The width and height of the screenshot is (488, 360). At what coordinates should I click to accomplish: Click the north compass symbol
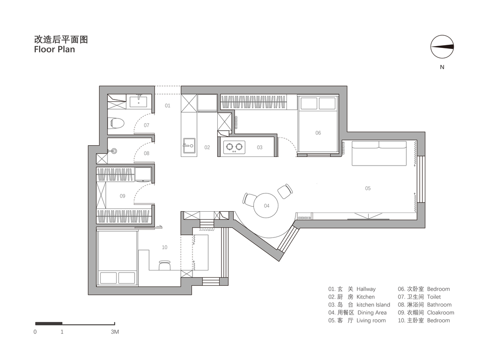[442, 47]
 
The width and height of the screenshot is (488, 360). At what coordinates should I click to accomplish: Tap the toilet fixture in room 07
[117, 123]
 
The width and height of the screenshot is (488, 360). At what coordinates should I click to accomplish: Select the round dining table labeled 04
[266, 205]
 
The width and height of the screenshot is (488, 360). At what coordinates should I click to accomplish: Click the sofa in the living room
[379, 153]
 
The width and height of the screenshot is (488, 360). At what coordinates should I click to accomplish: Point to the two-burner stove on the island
[235, 147]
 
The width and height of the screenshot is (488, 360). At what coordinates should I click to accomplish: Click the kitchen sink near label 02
[189, 146]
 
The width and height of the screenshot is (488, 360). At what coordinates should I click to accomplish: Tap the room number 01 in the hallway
[168, 105]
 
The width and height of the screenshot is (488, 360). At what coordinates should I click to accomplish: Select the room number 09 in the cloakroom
[122, 196]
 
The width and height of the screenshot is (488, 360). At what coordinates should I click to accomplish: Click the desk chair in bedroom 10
[164, 265]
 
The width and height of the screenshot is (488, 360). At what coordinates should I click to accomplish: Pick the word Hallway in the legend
[366, 289]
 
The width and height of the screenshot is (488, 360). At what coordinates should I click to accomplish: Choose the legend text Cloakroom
[441, 313]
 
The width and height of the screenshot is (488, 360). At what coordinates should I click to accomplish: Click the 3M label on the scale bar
[115, 332]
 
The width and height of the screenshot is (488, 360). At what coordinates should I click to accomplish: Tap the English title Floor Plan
[55, 49]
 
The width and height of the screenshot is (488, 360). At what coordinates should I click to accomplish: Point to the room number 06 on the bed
[318, 133]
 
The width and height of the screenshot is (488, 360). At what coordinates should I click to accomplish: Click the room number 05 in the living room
[367, 188]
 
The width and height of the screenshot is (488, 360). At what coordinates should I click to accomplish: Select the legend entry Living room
[371, 321]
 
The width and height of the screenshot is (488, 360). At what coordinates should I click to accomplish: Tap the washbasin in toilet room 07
[138, 101]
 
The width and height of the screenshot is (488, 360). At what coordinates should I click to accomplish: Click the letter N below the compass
[442, 67]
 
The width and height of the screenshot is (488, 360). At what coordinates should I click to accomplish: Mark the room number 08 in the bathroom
[146, 153]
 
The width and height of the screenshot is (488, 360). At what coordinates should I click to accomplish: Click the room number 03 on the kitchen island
[259, 147]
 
